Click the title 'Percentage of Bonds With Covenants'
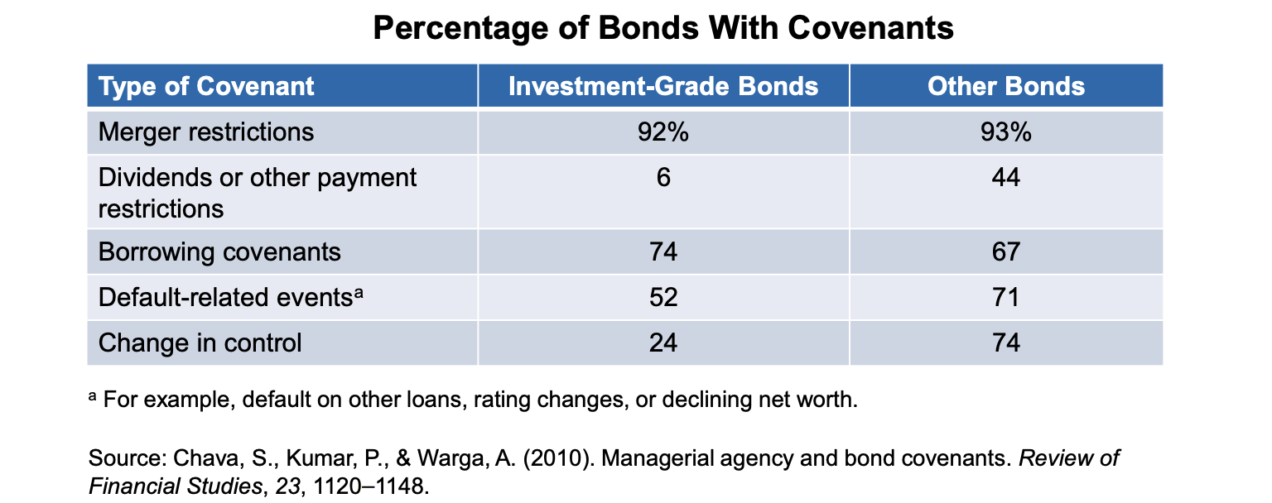[663, 29]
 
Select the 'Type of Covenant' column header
[206, 86]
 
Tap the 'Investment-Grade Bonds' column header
[663, 86]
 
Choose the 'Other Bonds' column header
[1006, 86]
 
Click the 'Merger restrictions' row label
[206, 132]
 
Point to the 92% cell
[663, 132]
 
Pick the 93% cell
[1006, 132]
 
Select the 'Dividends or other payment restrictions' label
[257, 193]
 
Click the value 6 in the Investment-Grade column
[663, 178]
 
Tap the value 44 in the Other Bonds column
[1006, 178]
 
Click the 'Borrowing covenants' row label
[219, 251]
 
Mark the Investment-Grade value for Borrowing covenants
[663, 251]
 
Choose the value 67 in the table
[1006, 251]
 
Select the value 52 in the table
[663, 297]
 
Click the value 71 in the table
[1006, 297]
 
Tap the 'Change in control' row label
[200, 343]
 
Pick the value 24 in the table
[663, 343]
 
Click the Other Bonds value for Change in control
[1006, 343]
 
